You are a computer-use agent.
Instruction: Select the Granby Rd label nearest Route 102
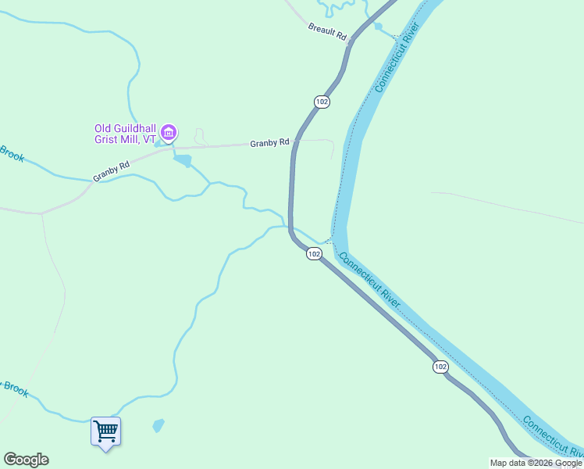pyautogui.click(x=269, y=143)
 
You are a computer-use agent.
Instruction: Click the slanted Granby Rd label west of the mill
pyautogui.click(x=111, y=172)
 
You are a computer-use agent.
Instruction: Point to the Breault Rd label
pyautogui.click(x=327, y=31)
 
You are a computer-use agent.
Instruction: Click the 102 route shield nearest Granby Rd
pyautogui.click(x=322, y=102)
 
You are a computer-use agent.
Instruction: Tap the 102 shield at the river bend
pyautogui.click(x=313, y=254)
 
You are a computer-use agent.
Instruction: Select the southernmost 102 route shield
pyautogui.click(x=440, y=367)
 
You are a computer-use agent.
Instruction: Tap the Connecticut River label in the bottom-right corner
pyautogui.click(x=553, y=438)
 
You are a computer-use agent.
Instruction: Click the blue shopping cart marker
pyautogui.click(x=105, y=431)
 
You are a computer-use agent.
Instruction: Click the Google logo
pyautogui.click(x=26, y=460)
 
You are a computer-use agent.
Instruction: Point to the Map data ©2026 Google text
pyautogui.click(x=536, y=463)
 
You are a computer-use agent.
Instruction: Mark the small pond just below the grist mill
pyautogui.click(x=183, y=161)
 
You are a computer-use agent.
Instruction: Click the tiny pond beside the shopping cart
pyautogui.click(x=158, y=426)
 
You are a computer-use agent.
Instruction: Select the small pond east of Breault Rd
pyautogui.click(x=378, y=27)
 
